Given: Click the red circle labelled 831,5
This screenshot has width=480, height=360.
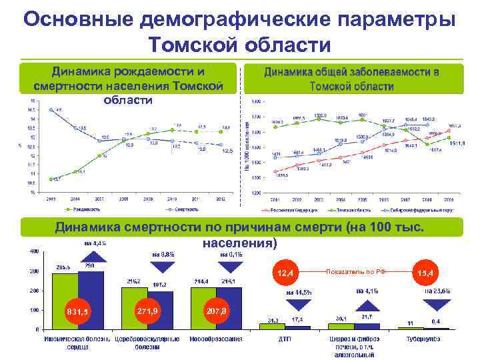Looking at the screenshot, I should (77, 311).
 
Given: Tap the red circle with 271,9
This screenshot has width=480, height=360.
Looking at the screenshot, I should (147, 311).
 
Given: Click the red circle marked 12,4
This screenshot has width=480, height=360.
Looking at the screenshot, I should (287, 273).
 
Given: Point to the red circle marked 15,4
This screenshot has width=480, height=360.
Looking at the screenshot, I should (426, 273).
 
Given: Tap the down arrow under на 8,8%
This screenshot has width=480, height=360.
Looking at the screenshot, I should (163, 267).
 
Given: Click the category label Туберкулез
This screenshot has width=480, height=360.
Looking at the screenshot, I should (425, 339).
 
